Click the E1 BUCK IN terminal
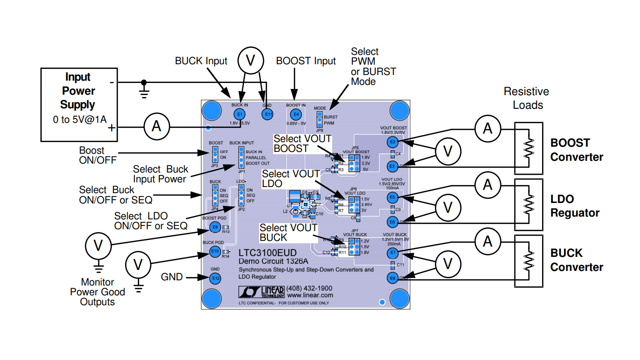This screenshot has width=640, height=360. (x=239, y=114)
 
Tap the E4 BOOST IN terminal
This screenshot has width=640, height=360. (x=296, y=114)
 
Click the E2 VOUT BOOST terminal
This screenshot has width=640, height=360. (x=393, y=142)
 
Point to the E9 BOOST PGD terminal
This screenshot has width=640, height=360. (x=215, y=227)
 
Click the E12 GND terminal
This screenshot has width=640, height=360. (x=215, y=278)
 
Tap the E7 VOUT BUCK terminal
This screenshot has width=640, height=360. (x=393, y=254)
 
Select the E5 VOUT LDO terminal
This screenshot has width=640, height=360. (x=393, y=197)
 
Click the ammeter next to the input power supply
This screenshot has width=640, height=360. (x=157, y=127)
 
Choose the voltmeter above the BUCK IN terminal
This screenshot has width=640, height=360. (x=251, y=60)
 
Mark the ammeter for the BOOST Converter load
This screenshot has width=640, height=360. (x=488, y=128)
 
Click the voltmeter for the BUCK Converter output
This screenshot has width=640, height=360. (x=448, y=264)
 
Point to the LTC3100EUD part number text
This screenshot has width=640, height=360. (x=268, y=253)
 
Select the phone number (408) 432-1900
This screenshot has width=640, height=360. (x=309, y=288)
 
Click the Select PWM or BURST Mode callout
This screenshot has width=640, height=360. (x=373, y=66)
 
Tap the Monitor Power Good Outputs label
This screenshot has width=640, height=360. (x=97, y=292)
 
